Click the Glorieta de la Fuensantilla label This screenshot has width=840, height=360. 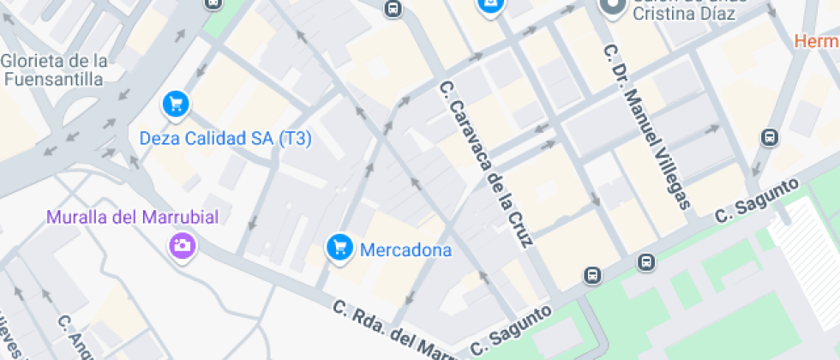pyautogui.click(x=56, y=69)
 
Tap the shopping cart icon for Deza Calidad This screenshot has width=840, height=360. pyautogui.click(x=176, y=105)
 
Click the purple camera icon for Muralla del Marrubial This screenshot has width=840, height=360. pyautogui.click(x=182, y=246)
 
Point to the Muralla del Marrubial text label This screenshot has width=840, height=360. pyautogui.click(x=133, y=217)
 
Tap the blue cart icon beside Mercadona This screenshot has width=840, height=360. pyautogui.click(x=340, y=248)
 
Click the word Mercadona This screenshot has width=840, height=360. pyautogui.click(x=405, y=250)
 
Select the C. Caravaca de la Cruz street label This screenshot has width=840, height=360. pyautogui.click(x=486, y=164)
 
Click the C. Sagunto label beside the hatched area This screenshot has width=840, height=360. pyautogui.click(x=757, y=201)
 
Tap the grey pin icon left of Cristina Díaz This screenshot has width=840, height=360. pyautogui.click(x=612, y=8)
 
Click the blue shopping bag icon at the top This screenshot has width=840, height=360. pyautogui.click(x=490, y=5)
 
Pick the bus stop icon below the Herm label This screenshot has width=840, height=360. pyautogui.click(x=770, y=137)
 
